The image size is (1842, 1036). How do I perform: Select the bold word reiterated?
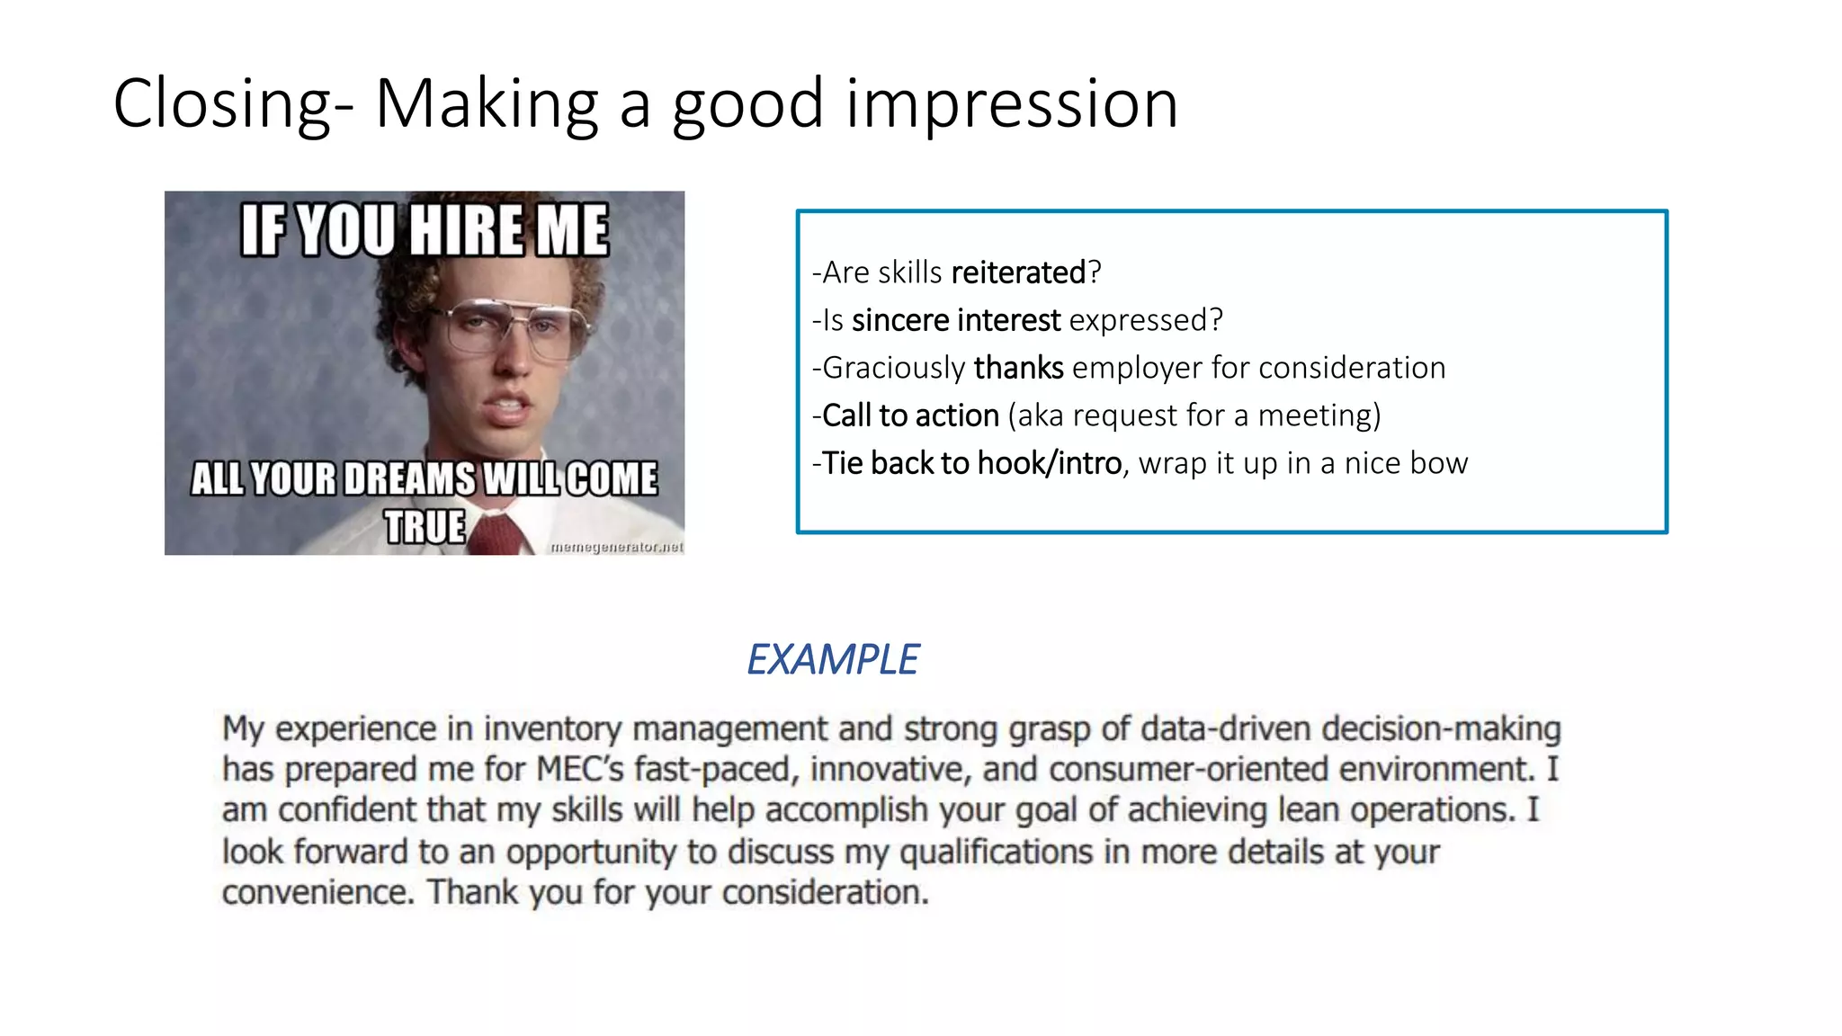(x=1018, y=272)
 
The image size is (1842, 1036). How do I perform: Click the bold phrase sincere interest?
(x=956, y=320)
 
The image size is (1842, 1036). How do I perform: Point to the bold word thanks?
(x=1018, y=368)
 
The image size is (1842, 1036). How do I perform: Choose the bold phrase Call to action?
(x=910, y=415)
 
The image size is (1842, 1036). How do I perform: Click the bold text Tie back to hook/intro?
(x=971, y=463)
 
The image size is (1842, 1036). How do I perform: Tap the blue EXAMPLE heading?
(x=832, y=659)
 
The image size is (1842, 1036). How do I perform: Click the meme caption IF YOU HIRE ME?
(x=424, y=230)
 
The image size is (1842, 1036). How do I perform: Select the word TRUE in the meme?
(x=425, y=526)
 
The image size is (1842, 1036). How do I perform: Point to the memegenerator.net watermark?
(x=616, y=547)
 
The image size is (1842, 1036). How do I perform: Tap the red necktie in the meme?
(x=498, y=536)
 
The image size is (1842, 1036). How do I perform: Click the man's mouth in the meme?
(x=509, y=409)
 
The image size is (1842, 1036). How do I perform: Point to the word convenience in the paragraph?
(x=317, y=893)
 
